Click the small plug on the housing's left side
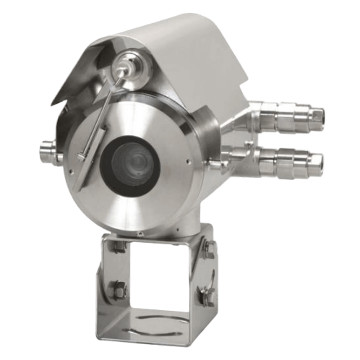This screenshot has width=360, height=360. point(48,153)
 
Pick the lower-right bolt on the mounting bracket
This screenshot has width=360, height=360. point(205,294)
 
